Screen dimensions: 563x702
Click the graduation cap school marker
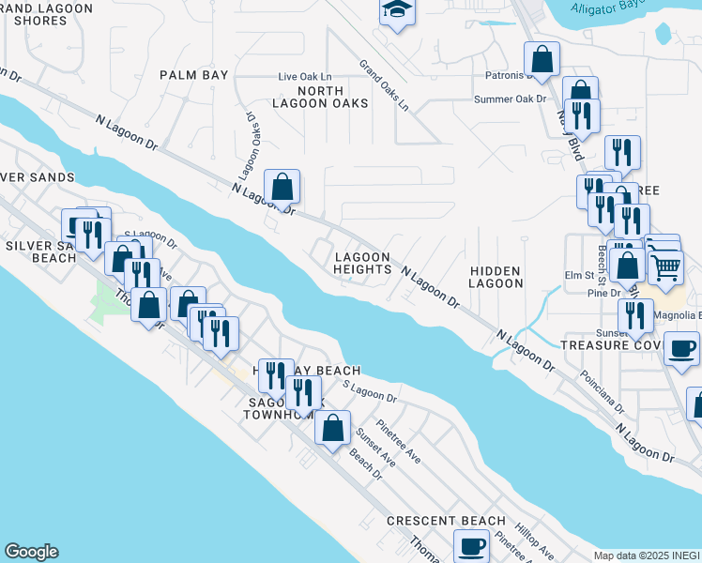tap(397, 10)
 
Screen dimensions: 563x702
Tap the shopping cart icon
tap(665, 267)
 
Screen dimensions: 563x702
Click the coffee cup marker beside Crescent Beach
tap(471, 545)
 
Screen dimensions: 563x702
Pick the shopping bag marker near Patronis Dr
tap(542, 59)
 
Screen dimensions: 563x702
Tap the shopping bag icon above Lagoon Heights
tap(282, 187)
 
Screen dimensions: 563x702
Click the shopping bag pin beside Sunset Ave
tap(332, 428)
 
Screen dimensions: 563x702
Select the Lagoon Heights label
tap(362, 263)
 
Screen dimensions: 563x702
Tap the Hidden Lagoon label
tap(496, 277)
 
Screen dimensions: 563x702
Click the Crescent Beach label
tap(446, 521)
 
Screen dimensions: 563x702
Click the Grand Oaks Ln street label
tap(385, 86)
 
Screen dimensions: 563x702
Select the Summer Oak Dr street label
tap(510, 99)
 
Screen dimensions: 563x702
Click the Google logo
tap(31, 552)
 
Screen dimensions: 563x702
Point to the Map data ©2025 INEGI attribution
tap(647, 555)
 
